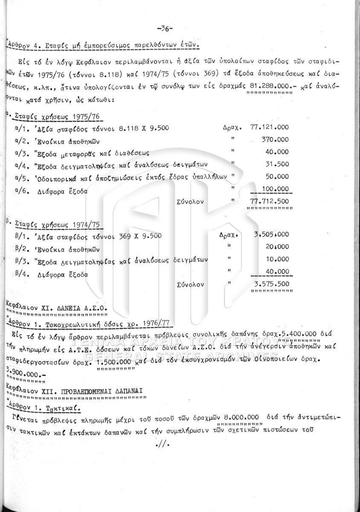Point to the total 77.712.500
(x=269, y=201)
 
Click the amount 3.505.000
(x=271, y=234)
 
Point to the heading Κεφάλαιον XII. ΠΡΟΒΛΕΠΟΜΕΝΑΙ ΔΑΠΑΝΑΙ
(x=75, y=390)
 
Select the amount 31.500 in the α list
(x=277, y=164)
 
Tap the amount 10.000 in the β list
(x=276, y=259)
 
